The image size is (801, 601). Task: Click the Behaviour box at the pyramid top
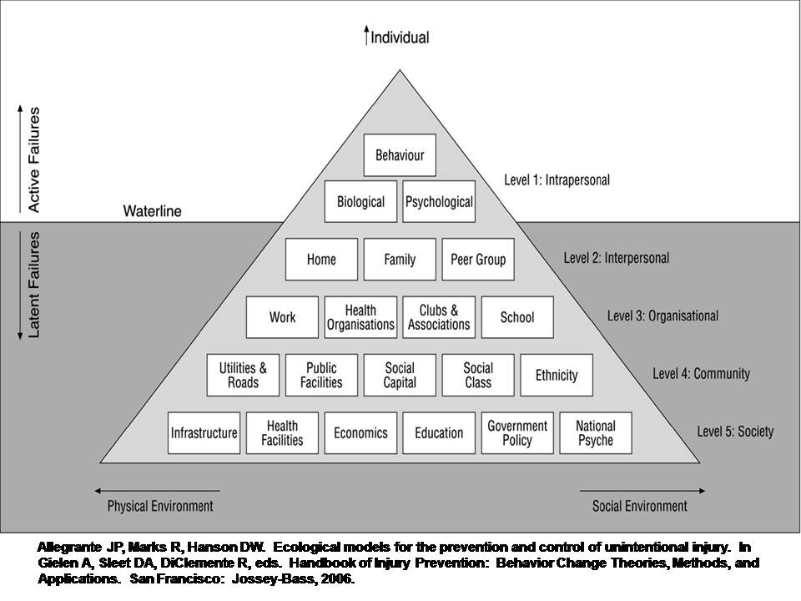click(400, 155)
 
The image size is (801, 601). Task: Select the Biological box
click(360, 202)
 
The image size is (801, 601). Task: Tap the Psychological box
click(439, 202)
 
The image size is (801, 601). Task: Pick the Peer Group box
click(478, 260)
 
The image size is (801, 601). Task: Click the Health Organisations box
click(360, 317)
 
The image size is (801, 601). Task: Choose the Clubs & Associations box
click(439, 317)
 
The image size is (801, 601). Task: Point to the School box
click(517, 317)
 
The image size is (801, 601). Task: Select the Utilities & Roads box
click(243, 375)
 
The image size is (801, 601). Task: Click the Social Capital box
click(400, 375)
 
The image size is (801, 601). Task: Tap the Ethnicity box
click(557, 375)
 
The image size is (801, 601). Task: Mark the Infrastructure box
click(204, 432)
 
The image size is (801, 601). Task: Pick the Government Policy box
click(517, 432)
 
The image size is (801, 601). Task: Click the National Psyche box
click(596, 432)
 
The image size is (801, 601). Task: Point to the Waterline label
click(152, 211)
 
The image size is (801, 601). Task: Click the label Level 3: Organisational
click(662, 316)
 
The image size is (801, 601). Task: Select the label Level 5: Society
click(735, 432)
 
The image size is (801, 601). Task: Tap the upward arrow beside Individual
click(365, 36)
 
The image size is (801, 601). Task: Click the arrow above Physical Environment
click(158, 491)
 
